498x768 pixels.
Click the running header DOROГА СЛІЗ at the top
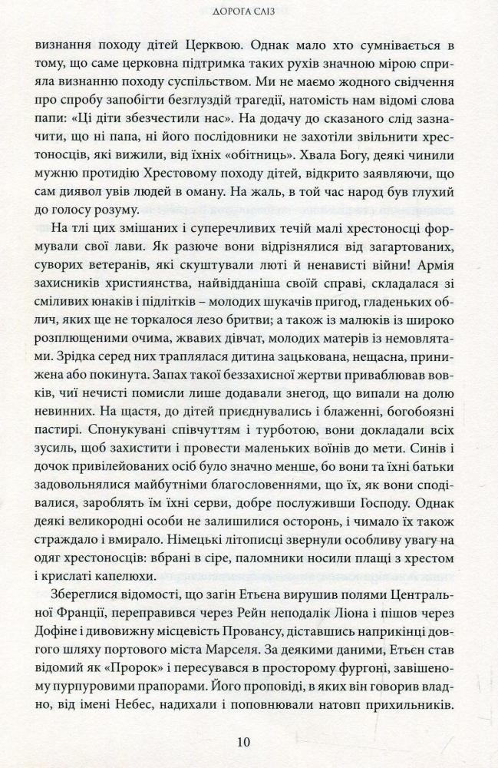[x=249, y=11]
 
